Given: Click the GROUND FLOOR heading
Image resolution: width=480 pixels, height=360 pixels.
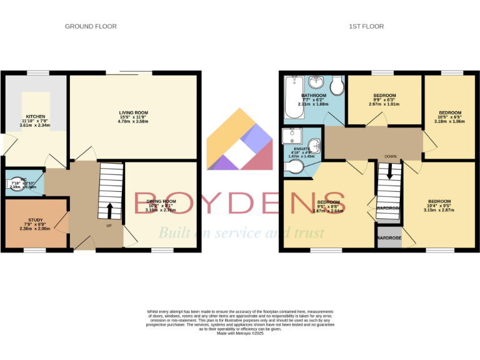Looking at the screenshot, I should click(91, 26).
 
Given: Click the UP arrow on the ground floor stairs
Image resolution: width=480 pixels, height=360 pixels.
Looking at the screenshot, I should click(110, 209).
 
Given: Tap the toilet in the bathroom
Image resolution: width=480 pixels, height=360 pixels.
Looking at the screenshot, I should click(337, 85).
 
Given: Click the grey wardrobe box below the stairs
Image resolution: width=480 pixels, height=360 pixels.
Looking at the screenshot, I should click(389, 238).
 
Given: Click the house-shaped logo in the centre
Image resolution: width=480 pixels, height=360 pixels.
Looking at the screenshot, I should click(240, 141).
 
